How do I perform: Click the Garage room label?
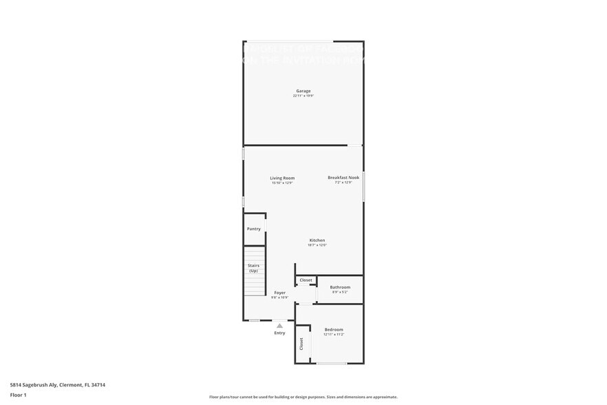point(303,91)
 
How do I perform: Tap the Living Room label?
point(282,178)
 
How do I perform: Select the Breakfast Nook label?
point(343,178)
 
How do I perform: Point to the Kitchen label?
point(317,240)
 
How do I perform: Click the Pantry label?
point(254,229)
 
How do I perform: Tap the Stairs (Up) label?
point(253,268)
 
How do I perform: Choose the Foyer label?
point(279,293)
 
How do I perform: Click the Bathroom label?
point(340,287)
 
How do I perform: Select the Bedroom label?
point(334,330)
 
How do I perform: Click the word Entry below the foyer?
point(279,333)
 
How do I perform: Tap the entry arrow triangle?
point(279,326)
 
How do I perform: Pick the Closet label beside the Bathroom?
point(306,280)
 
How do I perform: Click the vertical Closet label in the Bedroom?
point(301,343)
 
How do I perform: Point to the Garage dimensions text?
point(303,96)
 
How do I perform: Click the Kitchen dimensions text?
point(317,245)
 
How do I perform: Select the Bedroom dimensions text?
point(334,335)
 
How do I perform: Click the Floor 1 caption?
point(19,395)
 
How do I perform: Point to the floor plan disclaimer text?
point(303,397)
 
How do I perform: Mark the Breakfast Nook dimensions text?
point(343,183)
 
